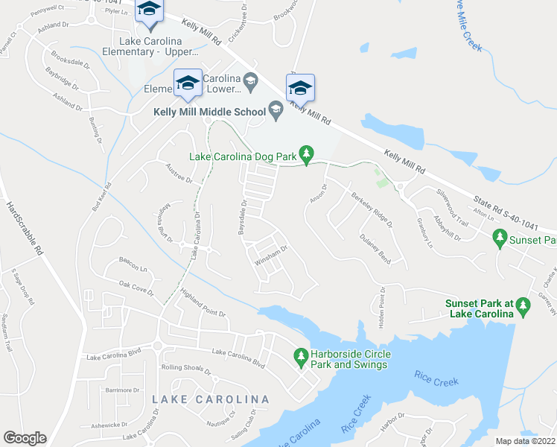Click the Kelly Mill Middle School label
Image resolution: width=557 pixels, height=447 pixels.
pyautogui.click(x=209, y=112)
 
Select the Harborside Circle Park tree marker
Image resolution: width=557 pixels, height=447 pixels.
pyautogui.click(x=301, y=358)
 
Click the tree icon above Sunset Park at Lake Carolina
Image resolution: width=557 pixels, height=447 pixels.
pyautogui.click(x=523, y=305)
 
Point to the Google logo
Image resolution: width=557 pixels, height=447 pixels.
pyautogui.click(x=25, y=438)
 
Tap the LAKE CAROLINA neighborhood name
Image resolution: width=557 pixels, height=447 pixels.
pyautogui.click(x=210, y=399)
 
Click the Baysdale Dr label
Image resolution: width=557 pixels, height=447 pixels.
pyautogui.click(x=242, y=217)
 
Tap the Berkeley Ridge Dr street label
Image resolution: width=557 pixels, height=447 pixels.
pyautogui.click(x=371, y=211)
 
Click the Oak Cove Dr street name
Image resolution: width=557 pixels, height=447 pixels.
pyautogui.click(x=136, y=288)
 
